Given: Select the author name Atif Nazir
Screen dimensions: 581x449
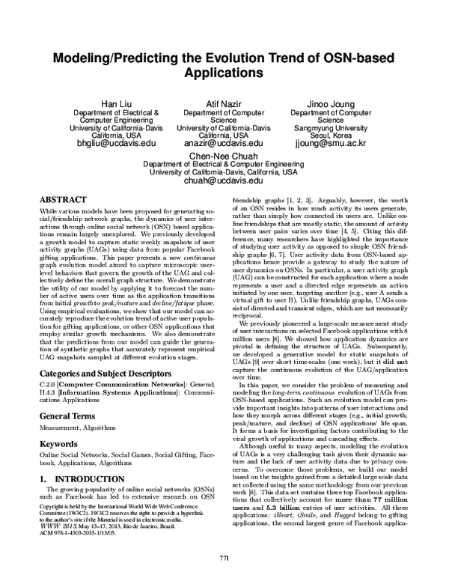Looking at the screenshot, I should [223, 102].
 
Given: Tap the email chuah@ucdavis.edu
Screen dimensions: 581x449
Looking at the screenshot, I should [223, 180].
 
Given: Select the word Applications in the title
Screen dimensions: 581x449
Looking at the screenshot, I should [223, 75].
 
